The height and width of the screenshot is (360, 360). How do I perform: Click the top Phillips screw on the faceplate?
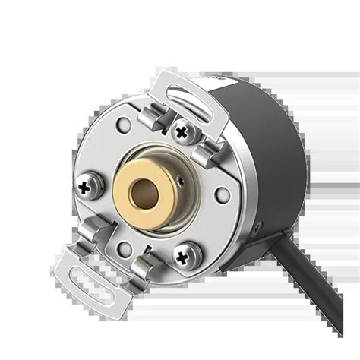(x=182, y=130)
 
